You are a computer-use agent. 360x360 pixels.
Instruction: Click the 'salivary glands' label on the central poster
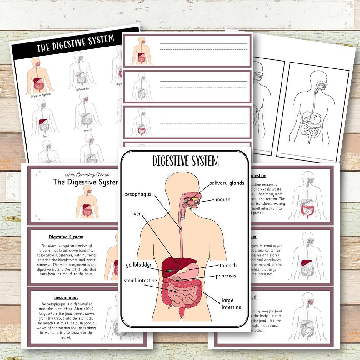pos(227,183)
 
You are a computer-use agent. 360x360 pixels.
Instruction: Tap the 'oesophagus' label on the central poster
pos(138,194)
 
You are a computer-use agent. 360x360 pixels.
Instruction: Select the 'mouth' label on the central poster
pos(223,200)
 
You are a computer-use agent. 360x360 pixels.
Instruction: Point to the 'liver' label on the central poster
pos(136,214)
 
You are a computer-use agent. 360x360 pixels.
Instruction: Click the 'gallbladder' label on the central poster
pos(139,265)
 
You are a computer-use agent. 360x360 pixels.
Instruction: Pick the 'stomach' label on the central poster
pos(227,266)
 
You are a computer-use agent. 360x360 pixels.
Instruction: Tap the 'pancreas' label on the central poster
pos(226,276)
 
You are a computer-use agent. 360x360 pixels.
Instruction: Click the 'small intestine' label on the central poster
pos(140,281)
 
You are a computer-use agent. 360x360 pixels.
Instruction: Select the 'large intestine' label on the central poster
pos(231,304)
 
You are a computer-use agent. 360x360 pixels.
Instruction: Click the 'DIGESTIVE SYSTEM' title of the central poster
pos(186,161)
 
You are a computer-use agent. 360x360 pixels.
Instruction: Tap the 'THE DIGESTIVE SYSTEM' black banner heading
pos(75,43)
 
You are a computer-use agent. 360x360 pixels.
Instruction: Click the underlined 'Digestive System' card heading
pos(66,237)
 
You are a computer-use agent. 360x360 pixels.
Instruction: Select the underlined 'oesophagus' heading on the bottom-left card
pos(66,298)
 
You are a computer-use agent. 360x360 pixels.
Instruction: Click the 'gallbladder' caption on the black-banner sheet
pos(82,89)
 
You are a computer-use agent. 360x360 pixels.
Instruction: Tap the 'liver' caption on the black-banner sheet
pos(46,136)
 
